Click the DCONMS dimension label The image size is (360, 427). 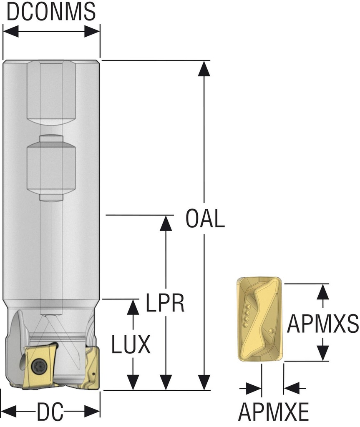(x=51, y=13)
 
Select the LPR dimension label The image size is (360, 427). (x=165, y=304)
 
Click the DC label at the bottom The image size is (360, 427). (x=50, y=412)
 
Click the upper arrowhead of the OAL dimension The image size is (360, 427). (x=204, y=69)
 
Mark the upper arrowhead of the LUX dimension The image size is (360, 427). (x=133, y=307)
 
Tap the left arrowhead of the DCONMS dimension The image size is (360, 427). (x=11, y=31)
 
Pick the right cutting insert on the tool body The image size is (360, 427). (x=93, y=367)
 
